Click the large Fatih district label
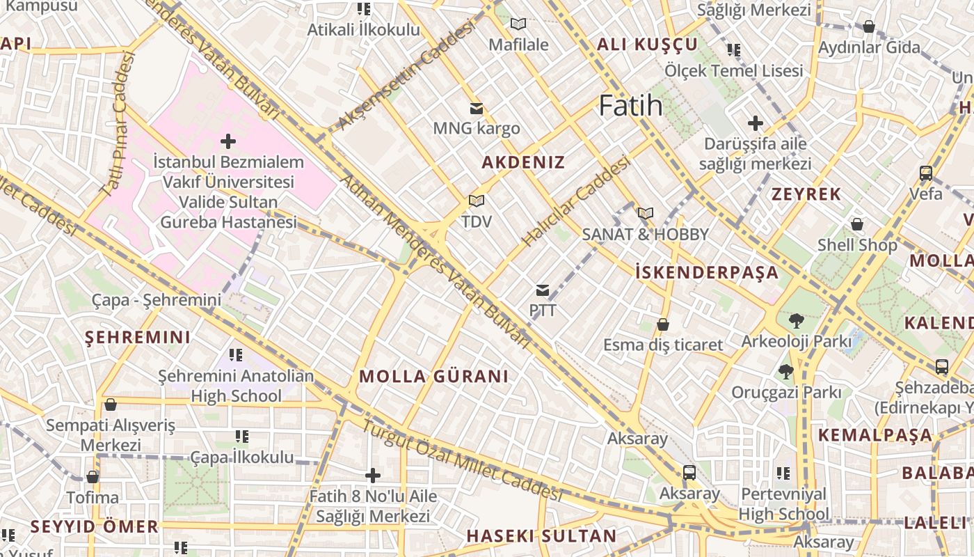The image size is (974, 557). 630,106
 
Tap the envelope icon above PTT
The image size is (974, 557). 543,290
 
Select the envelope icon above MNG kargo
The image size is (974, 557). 477,109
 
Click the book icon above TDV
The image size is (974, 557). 476,201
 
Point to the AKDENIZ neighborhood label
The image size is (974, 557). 523,162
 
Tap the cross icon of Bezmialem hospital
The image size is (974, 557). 227,142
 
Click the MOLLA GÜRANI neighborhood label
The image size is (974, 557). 433,377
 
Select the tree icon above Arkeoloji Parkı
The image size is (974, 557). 797,321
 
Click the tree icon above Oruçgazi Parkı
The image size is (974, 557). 786,372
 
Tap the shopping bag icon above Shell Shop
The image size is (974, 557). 857,224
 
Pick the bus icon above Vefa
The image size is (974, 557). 926,173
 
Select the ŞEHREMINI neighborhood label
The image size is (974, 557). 137,338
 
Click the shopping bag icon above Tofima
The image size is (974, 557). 93,477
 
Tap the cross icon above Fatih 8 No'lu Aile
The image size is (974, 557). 373,476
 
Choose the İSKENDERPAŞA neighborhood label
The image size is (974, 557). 707,272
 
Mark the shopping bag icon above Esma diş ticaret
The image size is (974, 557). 663,324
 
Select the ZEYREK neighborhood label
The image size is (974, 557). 806,194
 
